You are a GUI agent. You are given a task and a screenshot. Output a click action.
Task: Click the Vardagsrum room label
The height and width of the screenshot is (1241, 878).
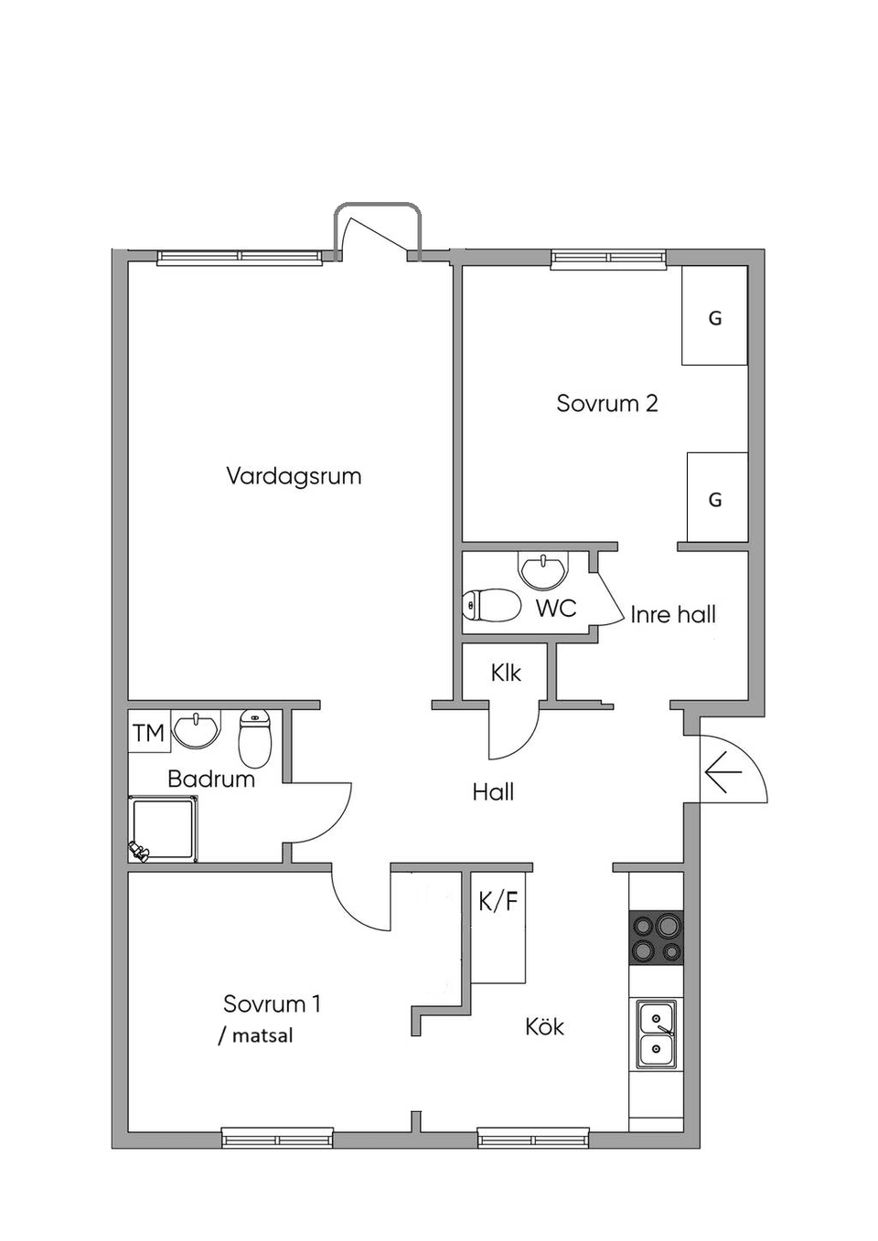(x=294, y=476)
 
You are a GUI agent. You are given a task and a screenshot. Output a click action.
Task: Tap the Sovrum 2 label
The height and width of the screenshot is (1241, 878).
(x=606, y=403)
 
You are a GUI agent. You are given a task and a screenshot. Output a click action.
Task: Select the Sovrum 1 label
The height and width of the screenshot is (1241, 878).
(x=272, y=1003)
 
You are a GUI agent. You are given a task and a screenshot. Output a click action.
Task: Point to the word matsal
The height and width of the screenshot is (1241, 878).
(x=262, y=1035)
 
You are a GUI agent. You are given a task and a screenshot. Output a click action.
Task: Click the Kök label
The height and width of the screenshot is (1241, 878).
(x=544, y=1026)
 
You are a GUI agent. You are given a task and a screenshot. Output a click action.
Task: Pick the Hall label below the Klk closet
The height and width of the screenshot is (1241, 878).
(x=493, y=791)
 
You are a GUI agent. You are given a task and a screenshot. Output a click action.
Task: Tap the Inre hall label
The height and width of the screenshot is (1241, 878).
(x=672, y=614)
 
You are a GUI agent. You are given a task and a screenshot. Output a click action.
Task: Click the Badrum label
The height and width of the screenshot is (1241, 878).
(x=210, y=779)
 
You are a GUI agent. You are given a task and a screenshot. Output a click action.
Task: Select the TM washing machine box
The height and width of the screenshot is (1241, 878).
(x=148, y=732)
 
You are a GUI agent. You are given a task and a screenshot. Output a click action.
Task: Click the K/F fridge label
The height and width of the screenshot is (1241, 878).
(x=498, y=901)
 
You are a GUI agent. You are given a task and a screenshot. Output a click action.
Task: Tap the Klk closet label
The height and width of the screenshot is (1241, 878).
(x=506, y=673)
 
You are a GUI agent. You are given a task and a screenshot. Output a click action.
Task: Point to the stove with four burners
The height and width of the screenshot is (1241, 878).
(x=657, y=938)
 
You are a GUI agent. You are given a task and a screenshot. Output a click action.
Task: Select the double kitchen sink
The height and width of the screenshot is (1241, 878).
(x=657, y=1034)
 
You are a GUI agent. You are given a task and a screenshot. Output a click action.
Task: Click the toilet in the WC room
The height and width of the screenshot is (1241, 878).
(x=490, y=605)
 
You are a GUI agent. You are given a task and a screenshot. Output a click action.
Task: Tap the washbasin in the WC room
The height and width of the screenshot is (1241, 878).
(x=543, y=569)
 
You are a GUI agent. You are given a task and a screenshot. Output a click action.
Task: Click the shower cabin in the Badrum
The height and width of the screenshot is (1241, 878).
(x=163, y=828)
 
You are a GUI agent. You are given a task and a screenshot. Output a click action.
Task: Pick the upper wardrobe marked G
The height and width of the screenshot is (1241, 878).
(x=715, y=316)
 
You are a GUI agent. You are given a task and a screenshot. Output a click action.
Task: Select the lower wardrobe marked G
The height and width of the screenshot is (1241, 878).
(x=717, y=497)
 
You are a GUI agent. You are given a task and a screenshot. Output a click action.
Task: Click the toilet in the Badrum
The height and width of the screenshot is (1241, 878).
(x=255, y=738)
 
